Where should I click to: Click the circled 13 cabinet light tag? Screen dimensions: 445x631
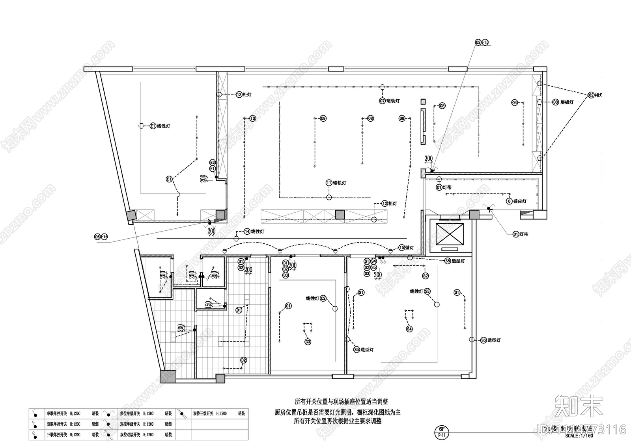(x=239, y=95)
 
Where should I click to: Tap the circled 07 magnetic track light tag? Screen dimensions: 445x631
(x=382, y=101)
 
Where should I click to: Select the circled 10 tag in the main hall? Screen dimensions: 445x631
(x=252, y=118)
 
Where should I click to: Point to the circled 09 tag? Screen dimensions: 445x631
(x=323, y=118)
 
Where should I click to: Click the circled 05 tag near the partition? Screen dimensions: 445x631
(x=442, y=106)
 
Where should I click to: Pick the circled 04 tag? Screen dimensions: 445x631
(x=514, y=102)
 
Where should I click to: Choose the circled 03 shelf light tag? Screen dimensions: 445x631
(x=555, y=102)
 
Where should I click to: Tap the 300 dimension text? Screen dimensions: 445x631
(x=429, y=158)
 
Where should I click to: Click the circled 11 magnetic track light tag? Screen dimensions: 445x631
(x=329, y=183)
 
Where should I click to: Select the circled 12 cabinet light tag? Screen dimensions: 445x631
(x=385, y=204)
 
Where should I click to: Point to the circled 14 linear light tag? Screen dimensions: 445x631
(x=247, y=232)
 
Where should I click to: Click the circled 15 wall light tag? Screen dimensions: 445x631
(x=401, y=248)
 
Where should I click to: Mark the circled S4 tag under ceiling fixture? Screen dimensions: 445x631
(x=409, y=328)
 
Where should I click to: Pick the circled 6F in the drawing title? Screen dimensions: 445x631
(x=442, y=429)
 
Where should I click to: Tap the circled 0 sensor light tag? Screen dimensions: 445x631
(x=509, y=201)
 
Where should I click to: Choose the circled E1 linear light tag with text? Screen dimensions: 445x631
(x=153, y=126)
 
